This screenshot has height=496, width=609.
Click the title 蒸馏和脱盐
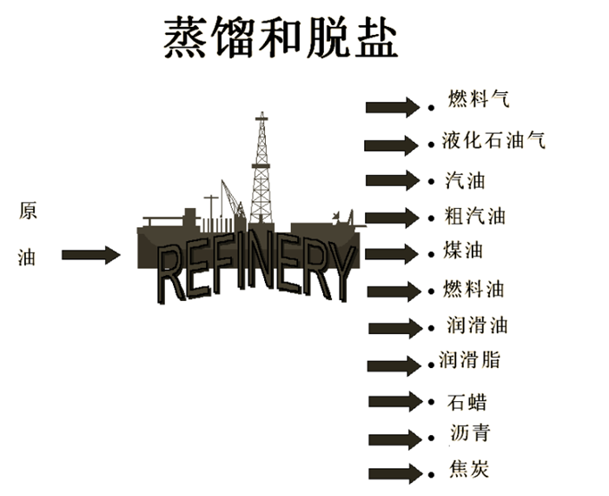[x=281, y=38]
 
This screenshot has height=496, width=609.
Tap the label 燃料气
[x=479, y=98]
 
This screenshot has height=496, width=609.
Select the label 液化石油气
[x=493, y=139]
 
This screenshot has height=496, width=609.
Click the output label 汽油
[x=465, y=181]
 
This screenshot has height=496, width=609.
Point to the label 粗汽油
[x=473, y=216]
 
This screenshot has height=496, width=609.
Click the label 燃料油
[x=473, y=288]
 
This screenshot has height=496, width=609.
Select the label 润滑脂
[x=470, y=359]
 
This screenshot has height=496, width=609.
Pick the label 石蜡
[x=467, y=402]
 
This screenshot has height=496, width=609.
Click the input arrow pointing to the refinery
[x=90, y=255]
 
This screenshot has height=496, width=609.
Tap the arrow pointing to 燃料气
[x=393, y=107]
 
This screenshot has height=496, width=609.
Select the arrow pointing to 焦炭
[x=394, y=475]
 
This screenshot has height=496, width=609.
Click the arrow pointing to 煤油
[x=393, y=254]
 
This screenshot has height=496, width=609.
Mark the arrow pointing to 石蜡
[x=394, y=402]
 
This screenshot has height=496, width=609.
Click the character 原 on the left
[x=27, y=211]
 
